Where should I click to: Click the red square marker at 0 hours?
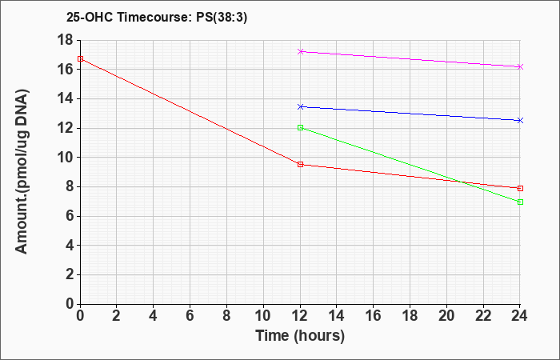pos(80,59)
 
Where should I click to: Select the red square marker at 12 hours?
pos(300,164)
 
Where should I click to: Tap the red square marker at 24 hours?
pos(520,188)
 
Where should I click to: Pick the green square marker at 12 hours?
pos(300,127)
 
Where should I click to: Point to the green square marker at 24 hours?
pos(520,202)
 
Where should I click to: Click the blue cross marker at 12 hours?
pos(300,106)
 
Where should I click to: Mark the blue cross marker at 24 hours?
pos(520,121)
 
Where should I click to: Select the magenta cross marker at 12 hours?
pos(300,51)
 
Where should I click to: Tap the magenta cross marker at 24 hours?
pos(520,66)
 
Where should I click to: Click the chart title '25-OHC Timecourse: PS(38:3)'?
pos(157,18)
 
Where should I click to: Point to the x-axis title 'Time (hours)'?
pos(300,336)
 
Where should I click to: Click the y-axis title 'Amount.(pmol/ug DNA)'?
pos(22,171)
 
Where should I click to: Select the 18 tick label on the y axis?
pos(65,40)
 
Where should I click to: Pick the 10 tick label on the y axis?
pos(65,158)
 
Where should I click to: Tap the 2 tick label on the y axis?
pos(70,274)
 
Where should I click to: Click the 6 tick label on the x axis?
pos(190,316)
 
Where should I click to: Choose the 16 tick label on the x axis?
pos(374,316)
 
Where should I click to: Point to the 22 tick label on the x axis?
pos(483,316)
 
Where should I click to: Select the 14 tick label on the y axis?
pos(65,98)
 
